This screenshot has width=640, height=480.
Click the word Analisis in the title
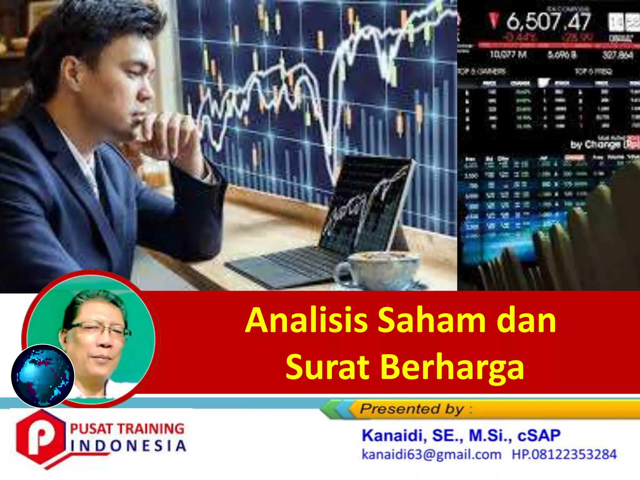(x=306, y=321)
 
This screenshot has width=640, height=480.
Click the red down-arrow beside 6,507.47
(x=494, y=20)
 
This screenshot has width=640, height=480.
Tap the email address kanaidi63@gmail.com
(x=431, y=454)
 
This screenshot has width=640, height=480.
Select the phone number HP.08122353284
(x=564, y=454)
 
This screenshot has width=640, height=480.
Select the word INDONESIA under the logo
(x=128, y=446)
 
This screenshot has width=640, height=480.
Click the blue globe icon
(x=43, y=376)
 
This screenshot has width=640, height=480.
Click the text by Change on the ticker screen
(x=595, y=145)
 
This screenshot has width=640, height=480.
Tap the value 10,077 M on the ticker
(x=508, y=55)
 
